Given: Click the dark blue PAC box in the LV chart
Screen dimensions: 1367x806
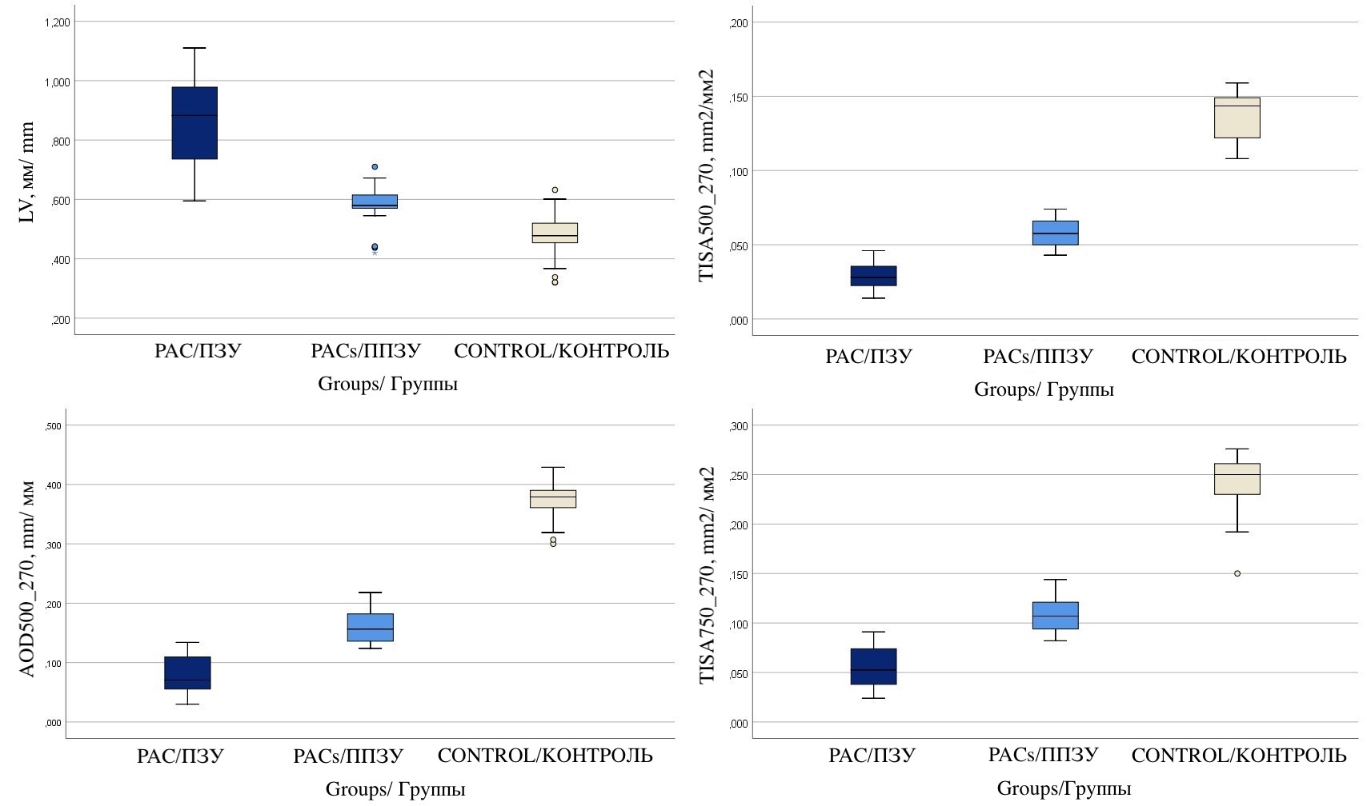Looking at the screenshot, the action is tap(194, 123).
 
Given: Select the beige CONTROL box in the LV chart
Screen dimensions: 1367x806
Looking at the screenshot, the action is tap(555, 233).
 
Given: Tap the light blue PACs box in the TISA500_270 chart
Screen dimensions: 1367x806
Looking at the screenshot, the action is tap(1055, 233).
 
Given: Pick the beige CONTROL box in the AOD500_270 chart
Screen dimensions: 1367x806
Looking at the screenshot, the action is tap(553, 499).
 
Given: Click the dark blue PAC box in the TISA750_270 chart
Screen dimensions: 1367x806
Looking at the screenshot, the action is tap(873, 666).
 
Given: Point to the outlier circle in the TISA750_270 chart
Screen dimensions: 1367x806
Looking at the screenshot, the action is tap(1237, 573).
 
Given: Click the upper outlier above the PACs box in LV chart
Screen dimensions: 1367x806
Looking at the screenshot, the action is tap(375, 167).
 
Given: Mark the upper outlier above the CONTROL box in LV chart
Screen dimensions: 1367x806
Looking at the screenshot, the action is tap(555, 190).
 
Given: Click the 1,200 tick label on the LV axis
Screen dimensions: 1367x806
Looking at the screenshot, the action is tap(58, 22).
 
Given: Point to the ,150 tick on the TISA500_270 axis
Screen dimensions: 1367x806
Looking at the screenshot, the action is tap(739, 98).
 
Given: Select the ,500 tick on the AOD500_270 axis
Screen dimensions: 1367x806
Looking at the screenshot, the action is tap(53, 426).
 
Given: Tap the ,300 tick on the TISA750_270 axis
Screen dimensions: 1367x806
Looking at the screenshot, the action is tap(739, 426).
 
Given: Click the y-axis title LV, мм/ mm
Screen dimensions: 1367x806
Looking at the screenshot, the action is tap(27, 173).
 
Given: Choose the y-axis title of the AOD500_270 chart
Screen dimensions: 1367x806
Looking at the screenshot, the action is tap(27, 578).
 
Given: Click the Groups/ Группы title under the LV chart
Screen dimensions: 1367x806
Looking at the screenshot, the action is tap(387, 384).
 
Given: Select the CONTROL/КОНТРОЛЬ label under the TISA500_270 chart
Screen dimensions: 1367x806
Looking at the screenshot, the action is tap(1239, 357).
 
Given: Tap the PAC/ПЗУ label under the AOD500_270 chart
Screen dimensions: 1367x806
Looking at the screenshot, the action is tap(180, 756).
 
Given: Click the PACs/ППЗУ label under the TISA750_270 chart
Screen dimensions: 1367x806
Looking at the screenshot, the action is tap(1043, 755).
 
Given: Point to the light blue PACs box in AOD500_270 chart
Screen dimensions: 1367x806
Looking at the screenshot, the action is tap(371, 628).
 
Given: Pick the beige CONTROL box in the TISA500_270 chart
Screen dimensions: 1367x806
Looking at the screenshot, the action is tap(1237, 118).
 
